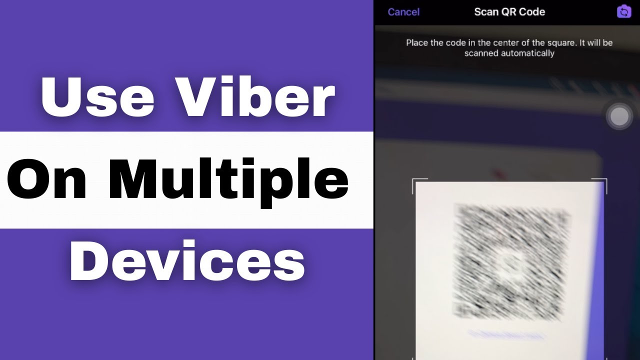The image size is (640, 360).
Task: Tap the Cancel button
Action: click(x=403, y=12)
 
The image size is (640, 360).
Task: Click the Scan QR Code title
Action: click(x=509, y=12)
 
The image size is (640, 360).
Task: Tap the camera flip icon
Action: click(x=624, y=11)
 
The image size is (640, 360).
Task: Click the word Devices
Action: click(x=187, y=260)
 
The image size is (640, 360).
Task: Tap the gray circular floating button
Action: click(x=619, y=116)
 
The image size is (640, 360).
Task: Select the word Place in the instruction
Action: click(x=417, y=42)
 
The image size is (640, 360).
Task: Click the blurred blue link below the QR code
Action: click(x=506, y=334)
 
